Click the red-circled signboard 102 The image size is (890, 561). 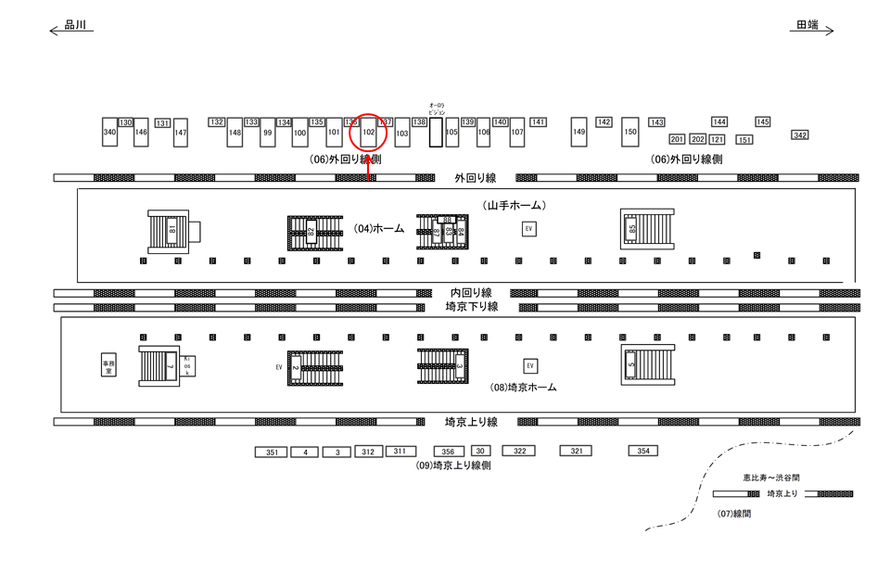coord(368,133)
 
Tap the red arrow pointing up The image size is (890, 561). coord(368,167)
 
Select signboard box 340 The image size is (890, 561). coord(110,133)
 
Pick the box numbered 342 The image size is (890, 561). coord(800,135)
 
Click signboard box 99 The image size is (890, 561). coord(267,133)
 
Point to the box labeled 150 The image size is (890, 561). coord(630,133)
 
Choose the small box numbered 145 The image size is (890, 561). coord(763,121)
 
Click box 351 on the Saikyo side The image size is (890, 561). coord(272,453)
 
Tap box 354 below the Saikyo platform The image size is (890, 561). coord(642,451)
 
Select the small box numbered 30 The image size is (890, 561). coord(480,452)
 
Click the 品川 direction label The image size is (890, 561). coord(75,26)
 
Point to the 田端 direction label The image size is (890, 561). coord(807,26)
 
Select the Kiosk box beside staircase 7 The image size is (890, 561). coord(186,365)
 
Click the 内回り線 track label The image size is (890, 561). coord(471,293)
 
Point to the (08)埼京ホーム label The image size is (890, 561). coord(523,388)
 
